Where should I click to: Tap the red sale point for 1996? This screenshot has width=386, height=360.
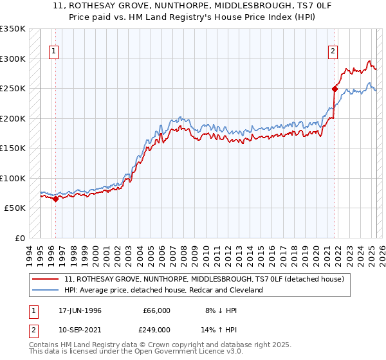(x=55, y=199)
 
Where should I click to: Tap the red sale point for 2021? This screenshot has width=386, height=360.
(x=335, y=89)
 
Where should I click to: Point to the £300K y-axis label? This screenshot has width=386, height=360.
(x=13, y=59)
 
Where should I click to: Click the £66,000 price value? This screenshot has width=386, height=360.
(x=156, y=310)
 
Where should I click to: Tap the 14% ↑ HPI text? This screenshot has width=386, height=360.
(x=219, y=330)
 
